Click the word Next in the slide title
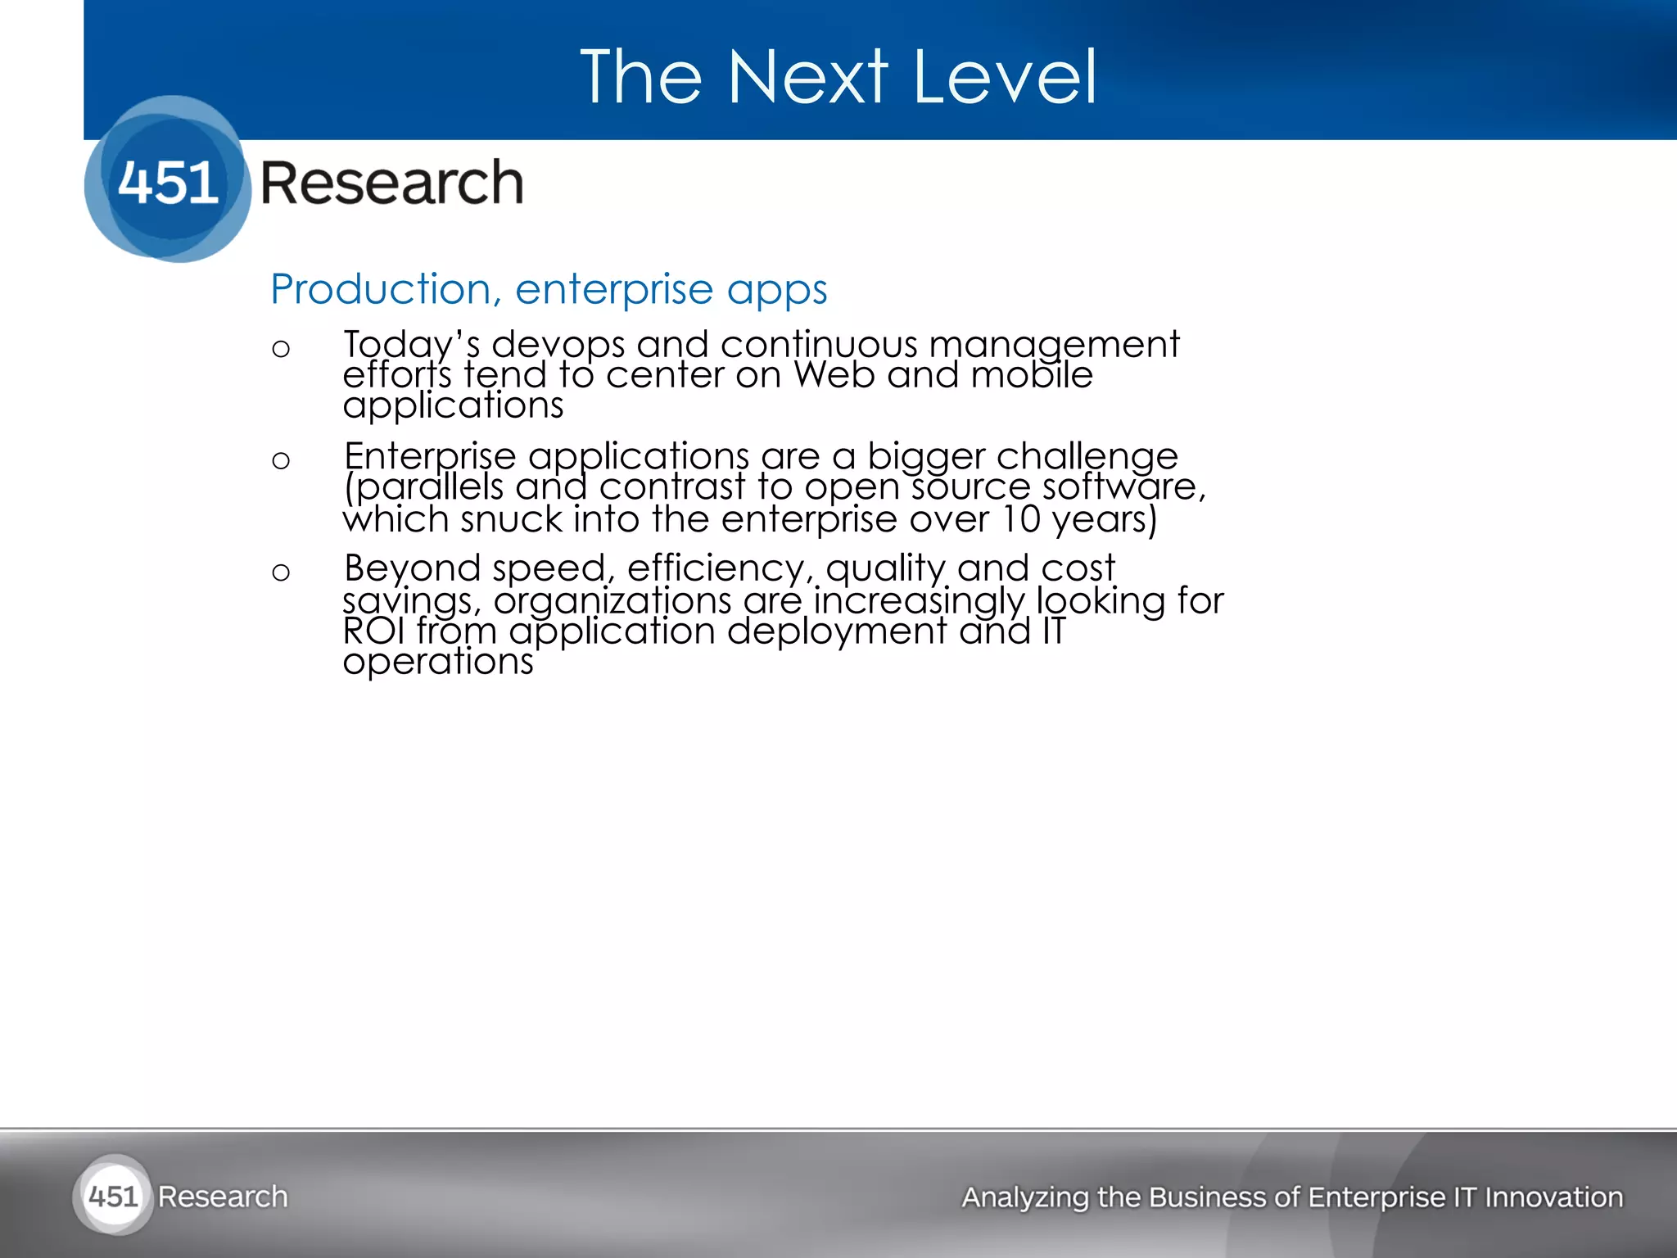[x=807, y=77]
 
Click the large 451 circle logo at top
[x=168, y=179]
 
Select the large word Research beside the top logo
[x=391, y=183]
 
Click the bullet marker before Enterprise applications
[x=281, y=461]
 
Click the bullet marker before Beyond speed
[x=281, y=572]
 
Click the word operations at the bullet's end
[x=438, y=662]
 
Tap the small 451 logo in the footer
[x=113, y=1197]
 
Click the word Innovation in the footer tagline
[x=1553, y=1197]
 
